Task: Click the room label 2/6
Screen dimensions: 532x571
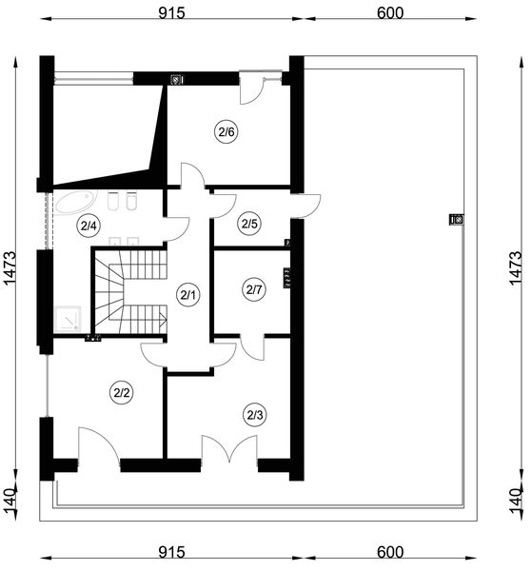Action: point(227,132)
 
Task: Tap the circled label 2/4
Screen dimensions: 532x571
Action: point(89,226)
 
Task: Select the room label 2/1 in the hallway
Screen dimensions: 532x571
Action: point(187,295)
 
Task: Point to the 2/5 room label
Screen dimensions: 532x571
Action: point(249,224)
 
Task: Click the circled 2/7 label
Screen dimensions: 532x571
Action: point(254,290)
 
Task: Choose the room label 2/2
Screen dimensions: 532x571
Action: point(122,393)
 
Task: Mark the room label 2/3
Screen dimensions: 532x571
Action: point(254,415)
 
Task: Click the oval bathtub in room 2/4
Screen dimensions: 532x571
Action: point(76,202)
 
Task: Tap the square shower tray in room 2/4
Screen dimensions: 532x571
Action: point(68,319)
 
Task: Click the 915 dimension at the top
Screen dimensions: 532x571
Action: point(171,13)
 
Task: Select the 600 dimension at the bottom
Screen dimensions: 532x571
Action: point(390,552)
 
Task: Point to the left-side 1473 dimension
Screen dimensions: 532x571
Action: point(10,268)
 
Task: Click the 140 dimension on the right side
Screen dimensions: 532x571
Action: point(516,501)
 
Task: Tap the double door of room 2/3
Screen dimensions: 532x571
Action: point(229,450)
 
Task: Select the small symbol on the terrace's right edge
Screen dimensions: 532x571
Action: point(457,220)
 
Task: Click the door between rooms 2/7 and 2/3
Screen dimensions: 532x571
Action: point(253,347)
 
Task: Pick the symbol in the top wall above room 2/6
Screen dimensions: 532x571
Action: point(177,79)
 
